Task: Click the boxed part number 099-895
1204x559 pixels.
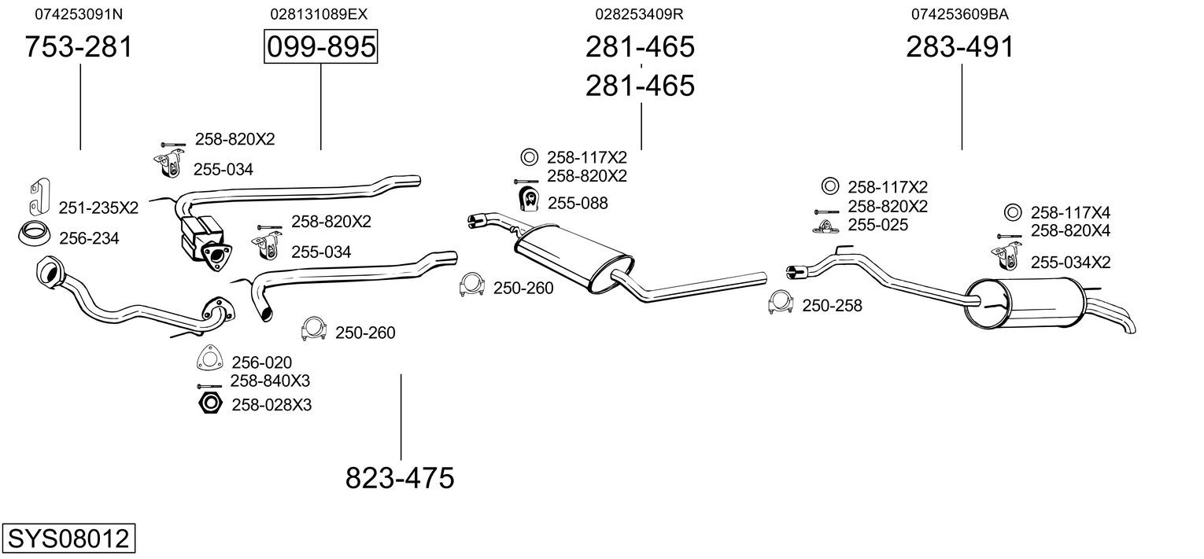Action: pos(321,46)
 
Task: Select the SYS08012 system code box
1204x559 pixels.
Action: pos(68,538)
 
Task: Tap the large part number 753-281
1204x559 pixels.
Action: pos(79,46)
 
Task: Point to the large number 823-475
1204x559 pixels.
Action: pos(400,477)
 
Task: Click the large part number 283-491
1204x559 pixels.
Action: pos(960,46)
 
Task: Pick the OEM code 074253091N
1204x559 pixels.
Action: pos(79,14)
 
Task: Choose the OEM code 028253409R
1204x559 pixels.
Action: pos(639,14)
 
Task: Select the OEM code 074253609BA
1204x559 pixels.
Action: pos(960,14)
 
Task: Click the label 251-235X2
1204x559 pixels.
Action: pos(98,208)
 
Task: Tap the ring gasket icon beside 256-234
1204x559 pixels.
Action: pos(35,234)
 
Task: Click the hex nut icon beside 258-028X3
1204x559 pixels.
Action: pos(210,403)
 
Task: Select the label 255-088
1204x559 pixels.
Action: pos(578,203)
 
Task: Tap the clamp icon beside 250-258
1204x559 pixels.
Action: pos(781,303)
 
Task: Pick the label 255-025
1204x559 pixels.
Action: pos(877,224)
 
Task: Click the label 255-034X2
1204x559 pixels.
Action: pos(1071,262)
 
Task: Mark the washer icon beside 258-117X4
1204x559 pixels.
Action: pos(1013,212)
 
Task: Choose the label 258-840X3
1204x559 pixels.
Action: pos(271,381)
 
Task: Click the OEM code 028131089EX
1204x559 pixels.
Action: pos(319,14)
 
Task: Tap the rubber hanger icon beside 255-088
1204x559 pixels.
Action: pos(529,199)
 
